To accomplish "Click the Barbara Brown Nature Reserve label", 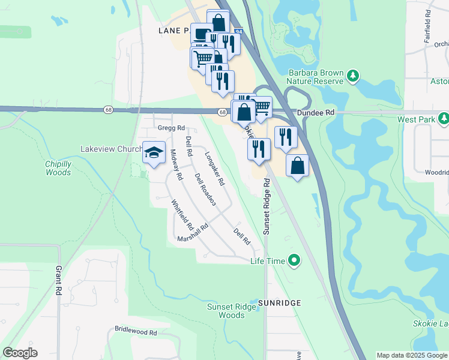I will click(x=315, y=77).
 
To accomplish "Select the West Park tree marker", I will click(x=444, y=119).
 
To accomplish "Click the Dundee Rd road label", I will click(x=316, y=112).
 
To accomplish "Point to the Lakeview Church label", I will click(x=112, y=149).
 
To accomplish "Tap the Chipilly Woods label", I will click(x=58, y=168).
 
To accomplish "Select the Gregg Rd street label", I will click(x=171, y=128).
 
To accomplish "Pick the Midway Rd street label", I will click(x=176, y=164).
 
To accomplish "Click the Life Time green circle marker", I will click(x=294, y=260).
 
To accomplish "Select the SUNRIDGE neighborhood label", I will click(x=279, y=303).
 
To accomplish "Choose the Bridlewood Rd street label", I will click(x=136, y=331).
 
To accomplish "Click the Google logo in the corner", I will click(x=20, y=353).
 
